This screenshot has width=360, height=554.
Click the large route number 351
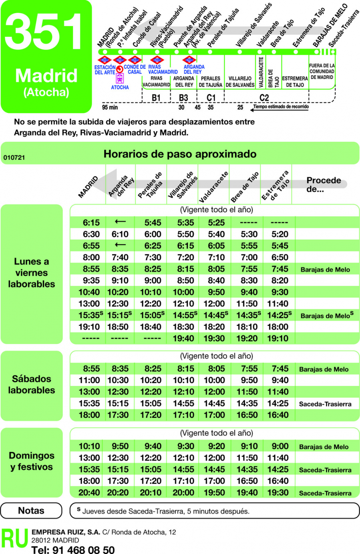(x=45, y=32)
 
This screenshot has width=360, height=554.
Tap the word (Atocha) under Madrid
(x=46, y=92)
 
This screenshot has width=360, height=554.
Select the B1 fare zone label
(x=156, y=98)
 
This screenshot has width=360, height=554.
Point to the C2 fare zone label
(x=264, y=98)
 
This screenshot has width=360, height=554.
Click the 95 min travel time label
(x=110, y=107)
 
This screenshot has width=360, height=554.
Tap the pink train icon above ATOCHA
(x=120, y=78)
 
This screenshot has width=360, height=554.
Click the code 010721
(x=14, y=158)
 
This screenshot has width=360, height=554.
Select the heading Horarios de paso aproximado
(x=180, y=154)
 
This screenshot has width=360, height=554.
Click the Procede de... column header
(x=324, y=185)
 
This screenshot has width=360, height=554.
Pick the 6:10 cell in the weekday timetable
(x=120, y=234)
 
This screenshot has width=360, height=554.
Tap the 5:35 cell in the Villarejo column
(x=185, y=223)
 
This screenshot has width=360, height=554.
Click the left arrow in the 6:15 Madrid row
(x=120, y=222)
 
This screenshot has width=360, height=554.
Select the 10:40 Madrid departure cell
(x=89, y=292)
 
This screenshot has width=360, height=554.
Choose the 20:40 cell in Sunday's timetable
(x=89, y=493)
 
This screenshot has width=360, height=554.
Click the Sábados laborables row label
(x=32, y=385)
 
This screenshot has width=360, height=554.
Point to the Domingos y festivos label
(x=32, y=461)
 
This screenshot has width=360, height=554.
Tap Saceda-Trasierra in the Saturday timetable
(x=325, y=404)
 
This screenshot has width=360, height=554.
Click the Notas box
(x=31, y=511)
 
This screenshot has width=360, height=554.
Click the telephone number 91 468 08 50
(x=73, y=550)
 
